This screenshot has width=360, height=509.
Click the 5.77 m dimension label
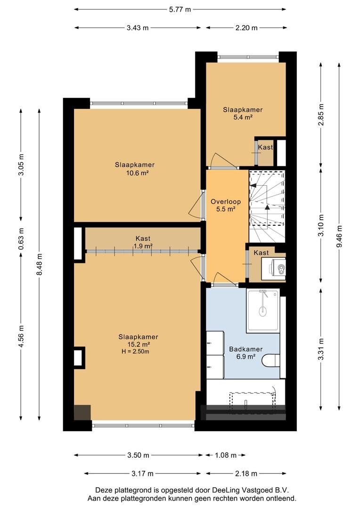click(180, 9)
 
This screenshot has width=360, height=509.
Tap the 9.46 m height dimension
click(339, 236)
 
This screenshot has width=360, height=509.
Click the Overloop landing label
click(226, 202)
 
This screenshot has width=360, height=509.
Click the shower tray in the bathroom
click(263, 311)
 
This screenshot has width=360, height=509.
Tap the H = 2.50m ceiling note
click(135, 352)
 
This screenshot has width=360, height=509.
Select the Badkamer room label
click(246, 349)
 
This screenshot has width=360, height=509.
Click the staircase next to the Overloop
click(267, 206)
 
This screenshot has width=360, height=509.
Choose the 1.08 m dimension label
click(226, 455)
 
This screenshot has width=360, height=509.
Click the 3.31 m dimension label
click(321, 349)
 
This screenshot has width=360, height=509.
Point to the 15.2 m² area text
click(139, 345)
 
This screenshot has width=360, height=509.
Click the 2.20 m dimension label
click(246, 28)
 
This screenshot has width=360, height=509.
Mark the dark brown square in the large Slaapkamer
click(82, 413)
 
